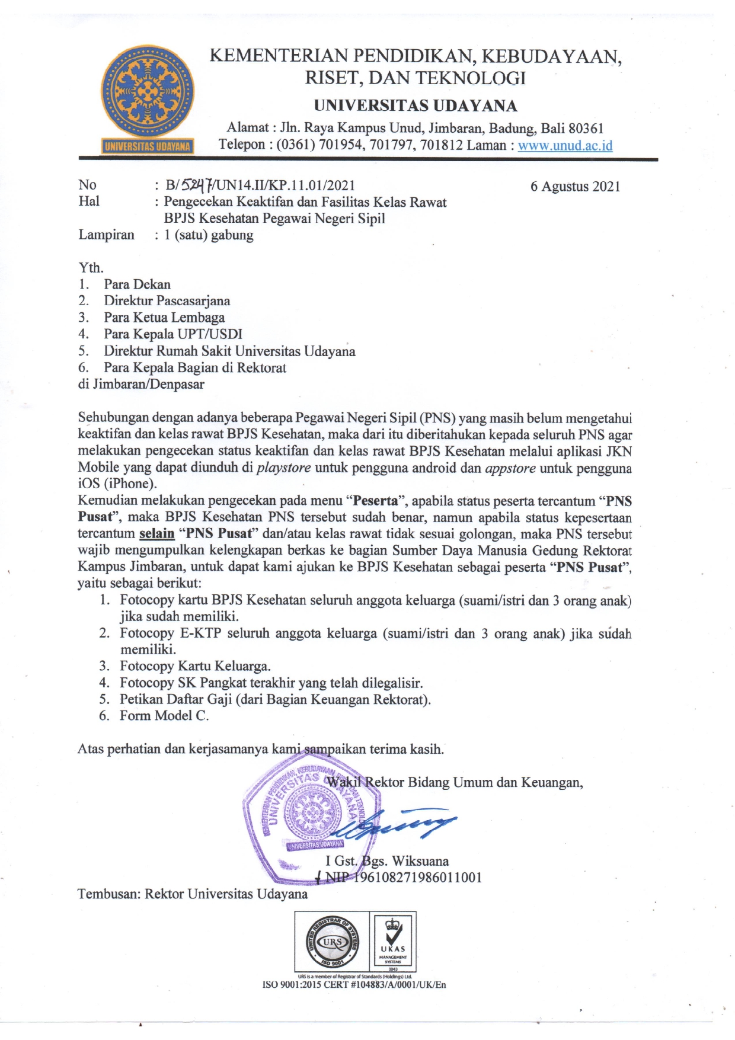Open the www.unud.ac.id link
[x=565, y=145]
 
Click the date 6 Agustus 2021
[x=575, y=187]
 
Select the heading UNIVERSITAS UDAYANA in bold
[x=416, y=106]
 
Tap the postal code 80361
[x=586, y=128]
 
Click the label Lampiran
[x=107, y=235]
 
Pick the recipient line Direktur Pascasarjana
[x=167, y=301]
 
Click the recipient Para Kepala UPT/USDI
[x=172, y=334]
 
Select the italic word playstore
[x=284, y=468]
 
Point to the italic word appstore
[x=510, y=468]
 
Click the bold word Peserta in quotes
[x=375, y=501]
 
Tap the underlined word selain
[x=156, y=533]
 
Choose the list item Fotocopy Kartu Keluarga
[x=195, y=666]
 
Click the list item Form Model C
[x=164, y=716]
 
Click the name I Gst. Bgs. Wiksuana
[x=387, y=861]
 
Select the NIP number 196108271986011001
[x=417, y=878]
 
